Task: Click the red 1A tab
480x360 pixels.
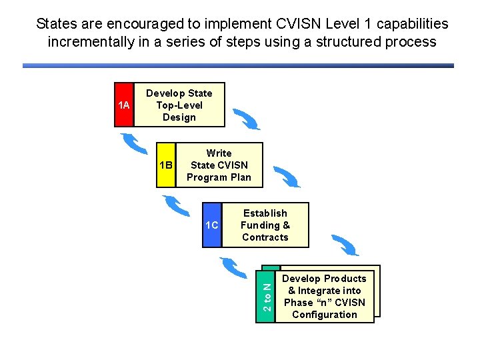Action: [124, 105]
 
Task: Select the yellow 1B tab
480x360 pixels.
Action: [166, 165]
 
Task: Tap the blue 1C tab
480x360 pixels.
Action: [212, 225]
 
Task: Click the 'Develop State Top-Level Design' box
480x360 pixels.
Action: [179, 105]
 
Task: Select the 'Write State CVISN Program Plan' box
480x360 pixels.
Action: [219, 165]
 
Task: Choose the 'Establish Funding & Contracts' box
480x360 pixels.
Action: [265, 225]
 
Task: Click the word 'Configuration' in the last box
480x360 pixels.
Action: [325, 315]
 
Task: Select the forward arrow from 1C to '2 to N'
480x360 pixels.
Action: [345, 245]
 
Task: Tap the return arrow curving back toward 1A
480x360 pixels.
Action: [134, 143]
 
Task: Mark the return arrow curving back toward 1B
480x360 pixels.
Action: [177, 204]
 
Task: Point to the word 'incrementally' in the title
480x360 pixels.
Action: [87, 42]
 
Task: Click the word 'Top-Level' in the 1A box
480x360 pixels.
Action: [179, 105]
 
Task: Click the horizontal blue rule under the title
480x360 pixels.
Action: [238, 65]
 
